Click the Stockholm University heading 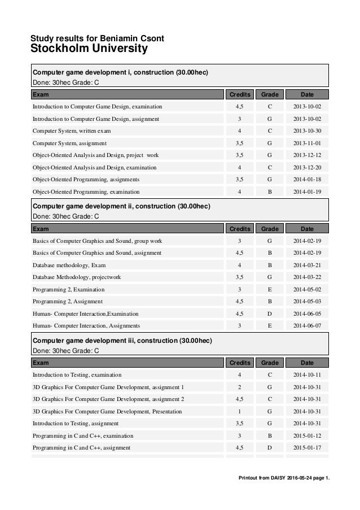(x=89, y=50)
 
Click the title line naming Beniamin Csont (x=97, y=38)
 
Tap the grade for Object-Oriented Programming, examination (x=270, y=191)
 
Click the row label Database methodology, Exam (x=69, y=264)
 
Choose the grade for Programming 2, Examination (x=270, y=289)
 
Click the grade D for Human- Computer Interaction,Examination (x=270, y=313)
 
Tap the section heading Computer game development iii (x=122, y=341)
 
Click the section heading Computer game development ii (x=121, y=206)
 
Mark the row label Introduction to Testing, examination (x=77, y=374)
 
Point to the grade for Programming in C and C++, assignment (x=270, y=448)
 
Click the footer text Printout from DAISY (x=285, y=481)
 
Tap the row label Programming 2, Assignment (x=68, y=301)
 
